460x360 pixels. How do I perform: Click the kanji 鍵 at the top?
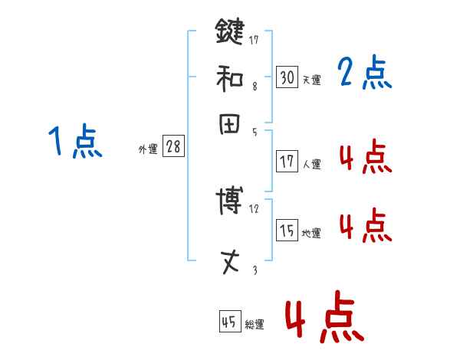point(229,31)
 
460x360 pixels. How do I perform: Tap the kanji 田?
point(229,123)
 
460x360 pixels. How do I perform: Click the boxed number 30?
point(287,77)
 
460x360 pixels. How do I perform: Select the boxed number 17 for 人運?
point(287,162)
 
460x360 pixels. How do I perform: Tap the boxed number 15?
point(287,231)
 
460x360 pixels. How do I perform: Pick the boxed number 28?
point(173,147)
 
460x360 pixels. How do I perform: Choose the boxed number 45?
point(229,322)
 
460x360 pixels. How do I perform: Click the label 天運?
point(311,80)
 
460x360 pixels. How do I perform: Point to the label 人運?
point(311,164)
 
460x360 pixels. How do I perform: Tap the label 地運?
point(311,233)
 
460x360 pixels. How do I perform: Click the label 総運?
point(255,324)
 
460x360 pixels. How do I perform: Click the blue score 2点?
point(364,74)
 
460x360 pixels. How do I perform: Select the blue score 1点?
point(75,142)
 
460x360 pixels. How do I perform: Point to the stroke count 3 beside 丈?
point(255,270)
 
